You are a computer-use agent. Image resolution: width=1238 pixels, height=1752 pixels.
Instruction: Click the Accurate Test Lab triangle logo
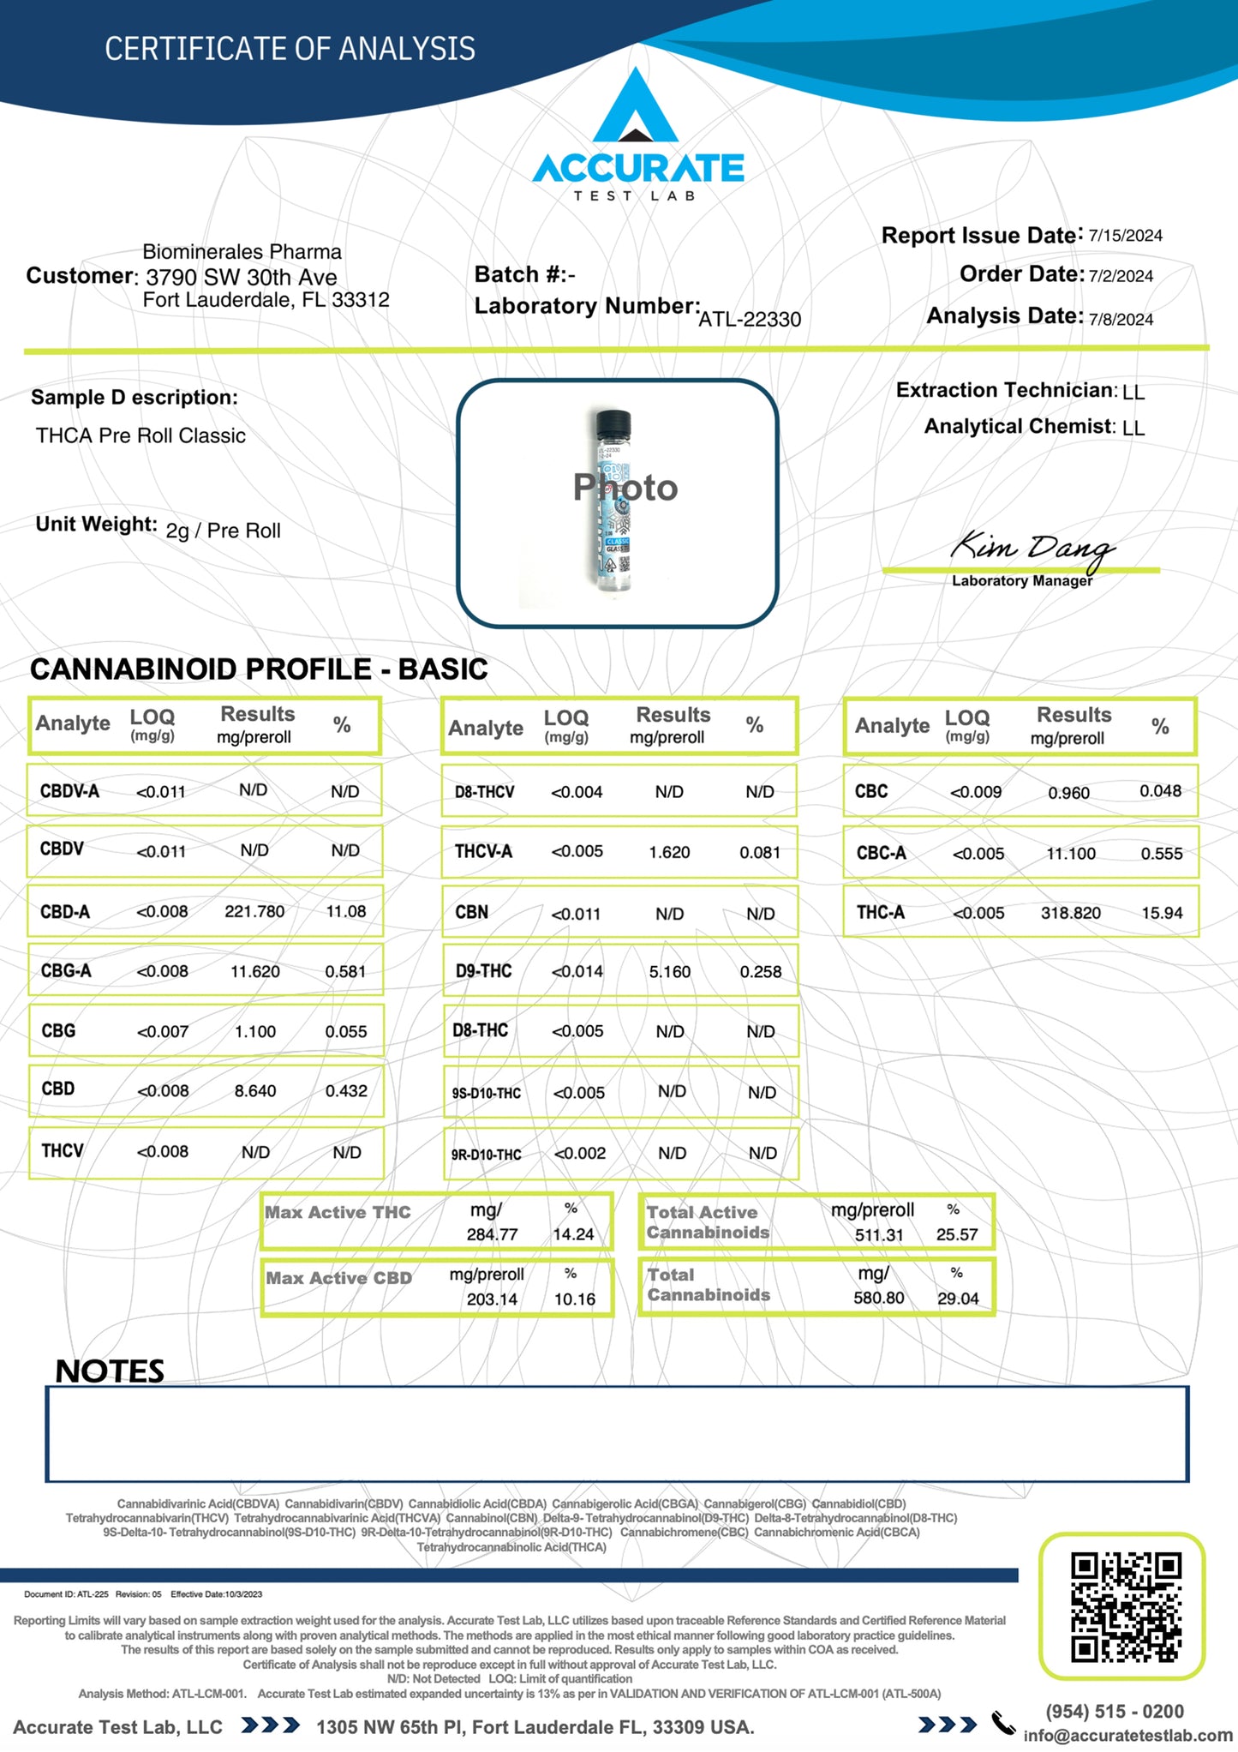tap(636, 107)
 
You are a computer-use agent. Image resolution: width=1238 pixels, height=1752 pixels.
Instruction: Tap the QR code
tap(1125, 1606)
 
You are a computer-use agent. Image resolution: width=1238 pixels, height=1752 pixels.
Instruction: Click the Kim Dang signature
tap(1032, 549)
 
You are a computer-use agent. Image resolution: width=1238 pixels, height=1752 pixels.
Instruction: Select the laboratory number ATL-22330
tap(750, 320)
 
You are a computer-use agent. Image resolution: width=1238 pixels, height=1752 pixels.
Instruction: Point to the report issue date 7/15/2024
tap(1125, 236)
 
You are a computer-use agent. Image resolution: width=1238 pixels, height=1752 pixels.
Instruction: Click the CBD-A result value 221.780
tap(254, 911)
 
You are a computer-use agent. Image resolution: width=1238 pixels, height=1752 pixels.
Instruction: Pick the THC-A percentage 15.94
tap(1161, 914)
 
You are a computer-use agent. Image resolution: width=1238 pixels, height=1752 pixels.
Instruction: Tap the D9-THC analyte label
tap(483, 971)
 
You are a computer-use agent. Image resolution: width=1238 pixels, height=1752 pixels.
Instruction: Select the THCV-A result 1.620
tap(669, 852)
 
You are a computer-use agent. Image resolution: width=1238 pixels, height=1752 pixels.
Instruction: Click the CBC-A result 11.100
tap(1070, 854)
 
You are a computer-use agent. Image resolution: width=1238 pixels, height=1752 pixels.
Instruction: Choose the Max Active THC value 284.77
tap(492, 1234)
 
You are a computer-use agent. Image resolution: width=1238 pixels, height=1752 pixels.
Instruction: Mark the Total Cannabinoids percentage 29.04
tap(957, 1299)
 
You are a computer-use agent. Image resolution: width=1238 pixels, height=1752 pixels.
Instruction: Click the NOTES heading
tap(110, 1371)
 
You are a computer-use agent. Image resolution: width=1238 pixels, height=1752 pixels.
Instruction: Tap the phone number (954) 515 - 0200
tap(1114, 1712)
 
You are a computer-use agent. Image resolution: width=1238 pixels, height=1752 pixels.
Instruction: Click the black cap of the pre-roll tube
tap(613, 423)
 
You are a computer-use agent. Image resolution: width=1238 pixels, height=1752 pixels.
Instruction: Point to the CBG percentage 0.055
tap(345, 1032)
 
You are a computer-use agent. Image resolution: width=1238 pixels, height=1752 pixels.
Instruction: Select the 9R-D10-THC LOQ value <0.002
tap(579, 1154)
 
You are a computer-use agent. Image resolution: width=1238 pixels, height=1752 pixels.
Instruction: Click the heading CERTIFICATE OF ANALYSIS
tap(290, 49)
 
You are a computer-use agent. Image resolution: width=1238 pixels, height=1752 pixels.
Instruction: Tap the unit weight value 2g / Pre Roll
tap(223, 531)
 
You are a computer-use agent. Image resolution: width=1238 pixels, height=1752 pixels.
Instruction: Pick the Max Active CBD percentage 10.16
tap(574, 1299)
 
